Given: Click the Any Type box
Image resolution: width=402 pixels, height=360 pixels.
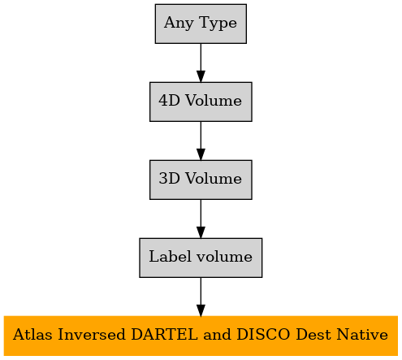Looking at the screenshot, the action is point(201,24).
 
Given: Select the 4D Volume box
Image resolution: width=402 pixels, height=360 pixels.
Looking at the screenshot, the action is point(201,102).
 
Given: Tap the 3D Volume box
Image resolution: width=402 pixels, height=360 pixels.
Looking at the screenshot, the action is point(201,180).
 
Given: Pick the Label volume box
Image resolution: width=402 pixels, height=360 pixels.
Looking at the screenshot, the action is point(201,258).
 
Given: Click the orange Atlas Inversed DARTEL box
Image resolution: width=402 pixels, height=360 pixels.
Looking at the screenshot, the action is point(201,336).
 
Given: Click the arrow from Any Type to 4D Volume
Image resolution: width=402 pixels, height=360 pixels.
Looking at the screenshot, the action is point(201,63).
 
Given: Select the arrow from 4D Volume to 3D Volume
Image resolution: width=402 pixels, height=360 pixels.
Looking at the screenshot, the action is point(201,141).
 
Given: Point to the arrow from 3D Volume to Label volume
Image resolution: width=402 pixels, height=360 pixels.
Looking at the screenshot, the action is point(201,219).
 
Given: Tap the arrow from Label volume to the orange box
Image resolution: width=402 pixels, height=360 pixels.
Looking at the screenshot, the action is point(201,297).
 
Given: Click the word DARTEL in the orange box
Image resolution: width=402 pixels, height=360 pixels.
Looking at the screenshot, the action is point(165,334).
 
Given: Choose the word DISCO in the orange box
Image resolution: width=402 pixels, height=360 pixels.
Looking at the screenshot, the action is point(263,334).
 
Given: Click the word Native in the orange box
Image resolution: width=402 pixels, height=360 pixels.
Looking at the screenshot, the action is point(362,334).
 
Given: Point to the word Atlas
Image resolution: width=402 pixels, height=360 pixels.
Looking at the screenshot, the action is point(32,334).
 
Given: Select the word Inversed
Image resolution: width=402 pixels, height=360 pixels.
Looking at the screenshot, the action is point(92,334).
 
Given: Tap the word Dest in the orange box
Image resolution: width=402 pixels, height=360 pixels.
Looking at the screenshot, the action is point(313,334).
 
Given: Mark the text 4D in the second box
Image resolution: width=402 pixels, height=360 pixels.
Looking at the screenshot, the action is point(169,101).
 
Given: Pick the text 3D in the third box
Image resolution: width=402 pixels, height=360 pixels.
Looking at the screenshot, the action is point(169,179).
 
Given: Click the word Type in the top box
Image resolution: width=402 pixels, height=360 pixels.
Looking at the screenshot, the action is point(218,24).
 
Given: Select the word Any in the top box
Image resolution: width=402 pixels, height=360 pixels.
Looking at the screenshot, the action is point(179,24).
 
